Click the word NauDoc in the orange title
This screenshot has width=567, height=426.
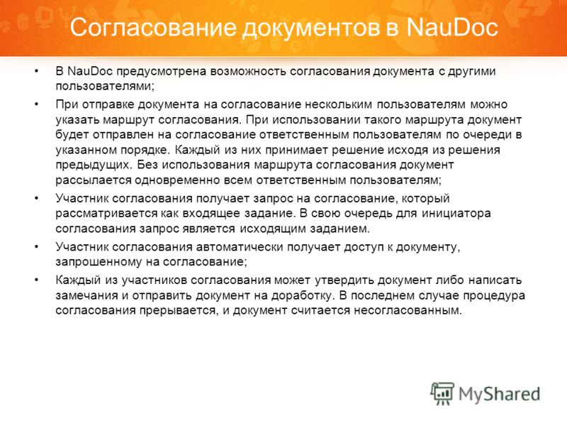[452, 27]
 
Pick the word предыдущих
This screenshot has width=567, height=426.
[94, 165]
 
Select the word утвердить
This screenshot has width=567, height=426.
[344, 280]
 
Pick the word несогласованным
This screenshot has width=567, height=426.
[408, 310]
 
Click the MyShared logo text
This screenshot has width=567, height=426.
[500, 394]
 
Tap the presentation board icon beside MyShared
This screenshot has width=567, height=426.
[442, 393]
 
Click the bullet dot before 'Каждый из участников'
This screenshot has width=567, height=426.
[36, 280]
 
